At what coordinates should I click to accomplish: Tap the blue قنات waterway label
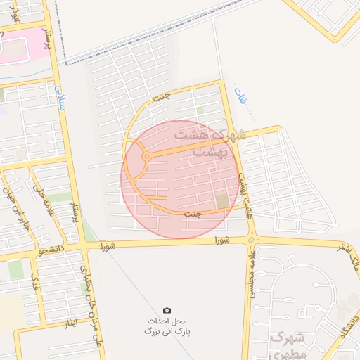[x=241, y=96]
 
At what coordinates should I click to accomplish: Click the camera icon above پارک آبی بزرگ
[x=167, y=310]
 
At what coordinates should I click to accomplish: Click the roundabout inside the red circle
[x=146, y=156]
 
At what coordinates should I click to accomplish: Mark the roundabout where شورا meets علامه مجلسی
[x=250, y=240]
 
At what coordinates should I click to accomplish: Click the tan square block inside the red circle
[x=223, y=202]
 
